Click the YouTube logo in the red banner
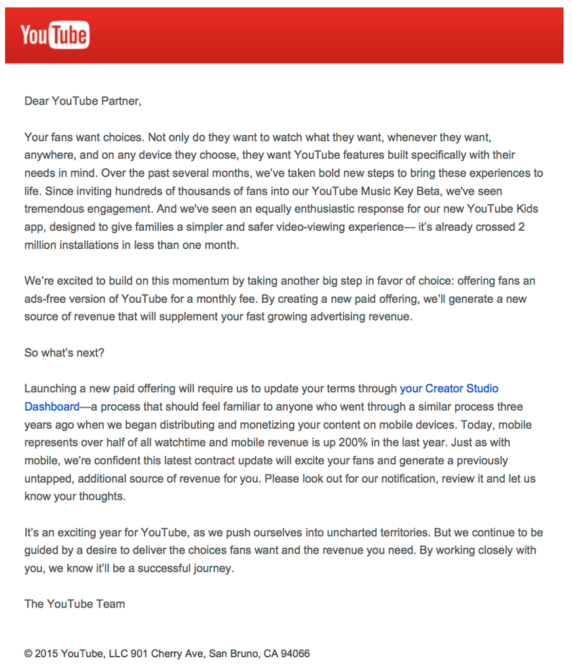coord(55,35)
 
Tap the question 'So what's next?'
coord(64,352)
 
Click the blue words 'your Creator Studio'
coord(449,388)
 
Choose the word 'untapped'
coord(47,479)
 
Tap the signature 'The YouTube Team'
coord(75,604)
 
